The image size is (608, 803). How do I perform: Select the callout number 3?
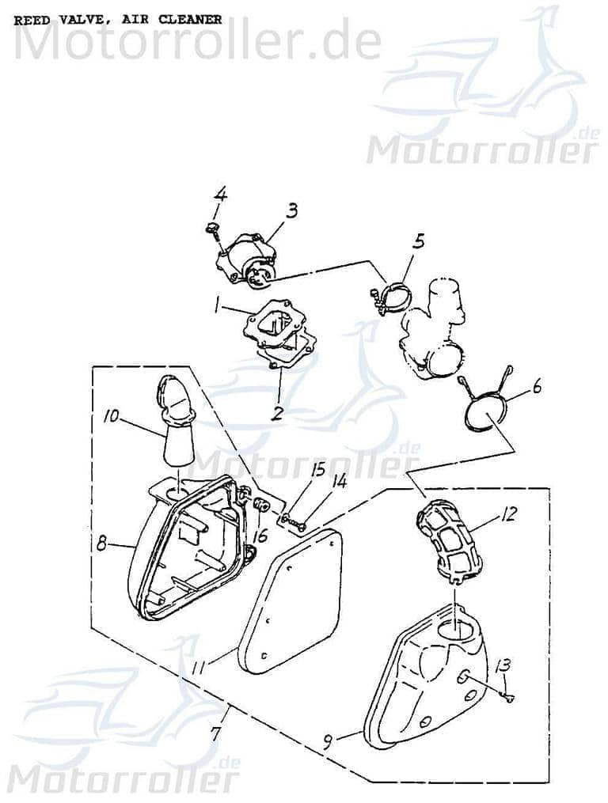pos(292,210)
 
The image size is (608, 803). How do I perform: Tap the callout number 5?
pos(419,242)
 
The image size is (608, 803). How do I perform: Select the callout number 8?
pos(101,544)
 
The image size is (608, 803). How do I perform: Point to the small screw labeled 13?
pos(508,695)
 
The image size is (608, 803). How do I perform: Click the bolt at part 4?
pos(211,230)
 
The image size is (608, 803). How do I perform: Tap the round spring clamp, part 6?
pos(482,411)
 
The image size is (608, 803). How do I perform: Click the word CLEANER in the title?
pos(191,20)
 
